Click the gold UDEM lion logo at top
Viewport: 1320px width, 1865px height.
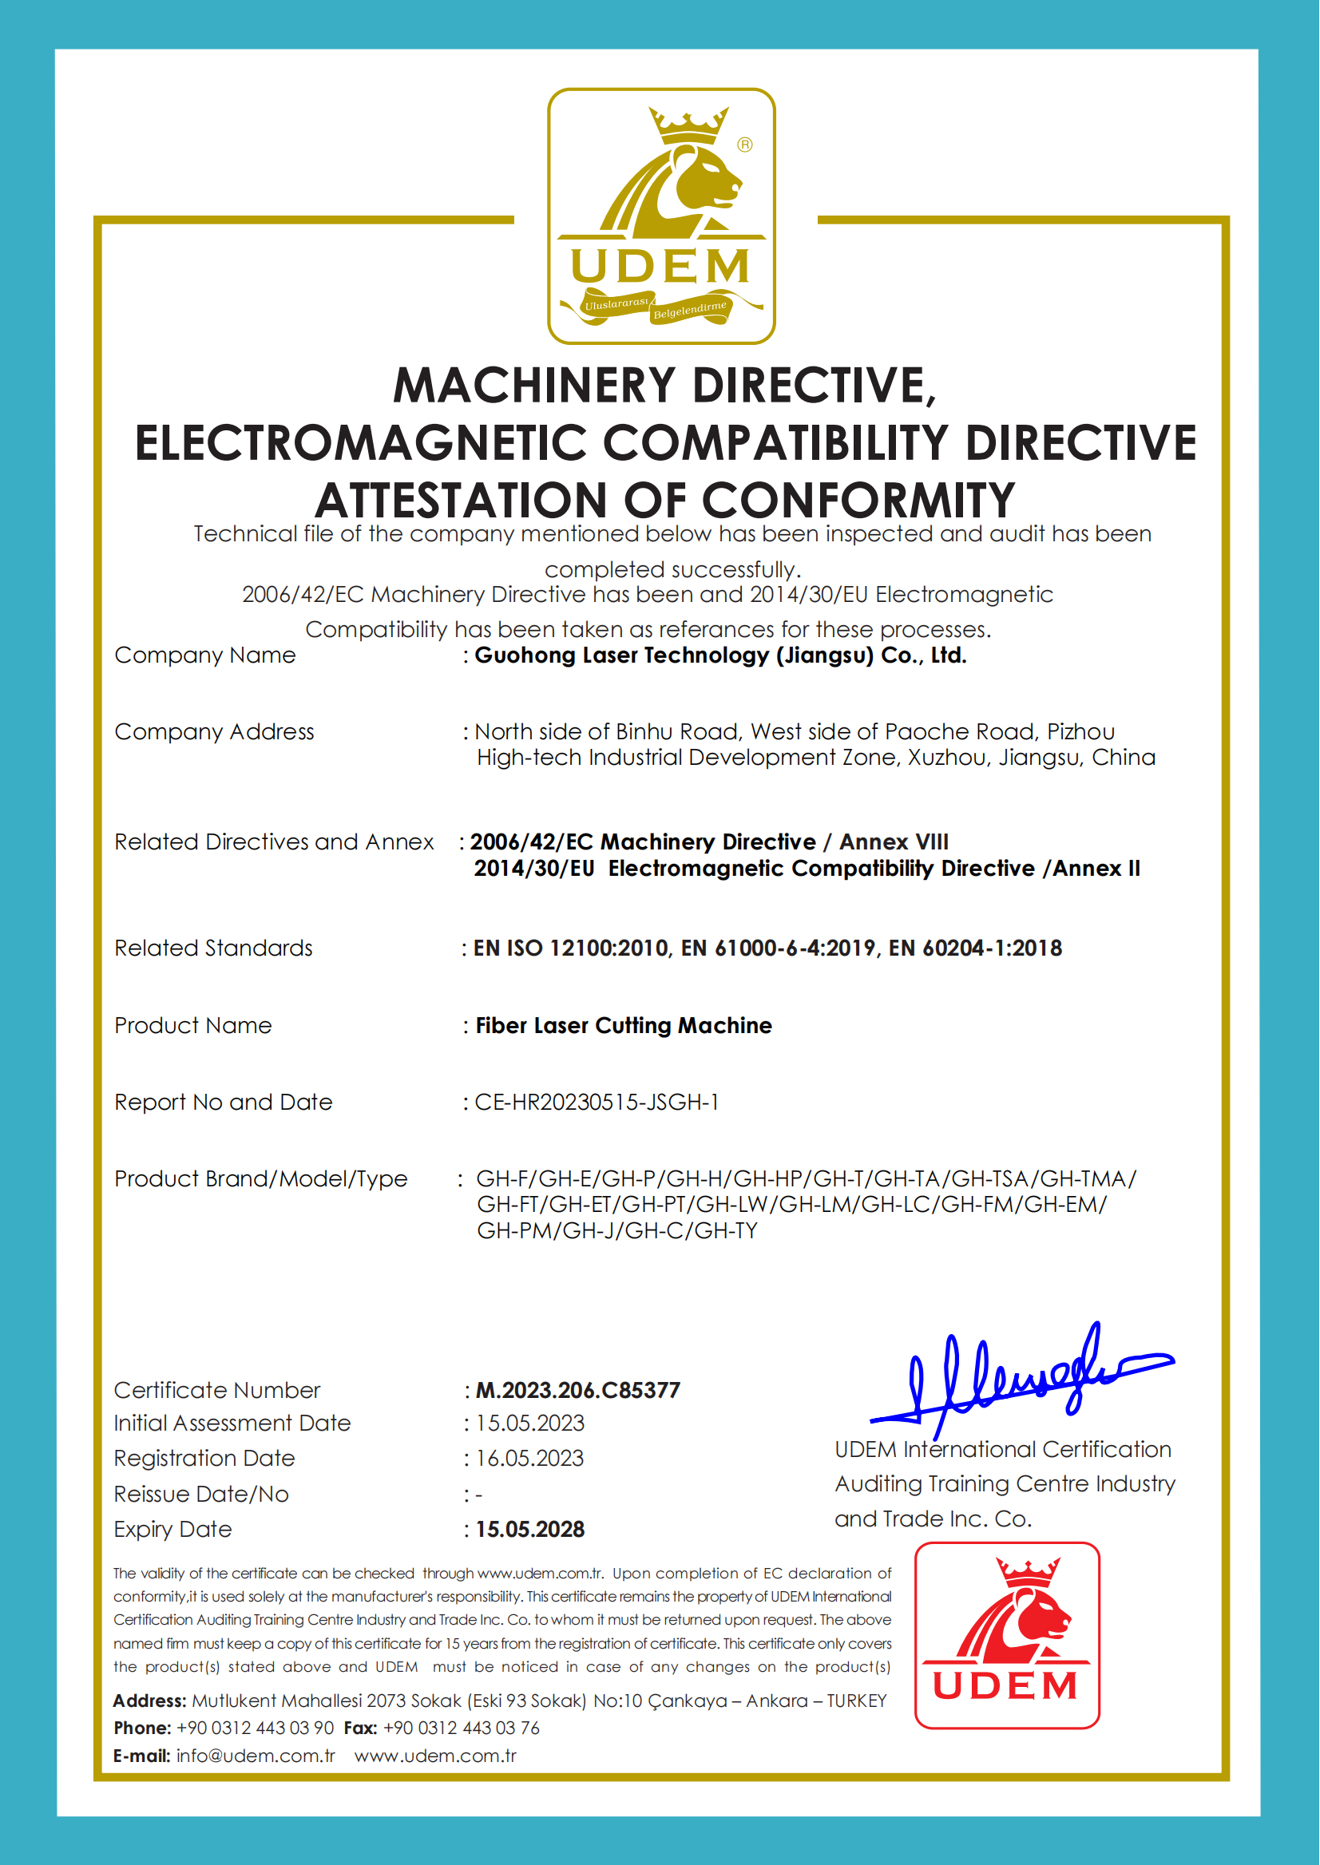661,216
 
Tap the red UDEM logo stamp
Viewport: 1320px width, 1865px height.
1006,1634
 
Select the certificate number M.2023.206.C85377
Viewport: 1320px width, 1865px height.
577,1391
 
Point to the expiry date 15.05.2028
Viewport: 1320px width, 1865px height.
530,1530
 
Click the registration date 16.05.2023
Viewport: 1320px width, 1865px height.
529,1459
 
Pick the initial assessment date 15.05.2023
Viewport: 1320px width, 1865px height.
530,1423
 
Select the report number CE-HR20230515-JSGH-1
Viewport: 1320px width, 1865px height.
597,1103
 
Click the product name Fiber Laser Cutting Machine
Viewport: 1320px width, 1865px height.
624,1026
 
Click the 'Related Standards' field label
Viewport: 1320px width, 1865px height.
213,948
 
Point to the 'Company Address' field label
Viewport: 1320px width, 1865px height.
214,732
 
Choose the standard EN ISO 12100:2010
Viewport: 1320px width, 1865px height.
572,948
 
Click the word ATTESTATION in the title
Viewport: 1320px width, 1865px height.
461,501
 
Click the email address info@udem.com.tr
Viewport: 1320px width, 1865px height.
256,1756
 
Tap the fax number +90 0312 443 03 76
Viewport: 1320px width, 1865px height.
461,1728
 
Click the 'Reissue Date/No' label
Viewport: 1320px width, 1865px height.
200,1495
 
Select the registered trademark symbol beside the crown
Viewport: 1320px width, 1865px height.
744,145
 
